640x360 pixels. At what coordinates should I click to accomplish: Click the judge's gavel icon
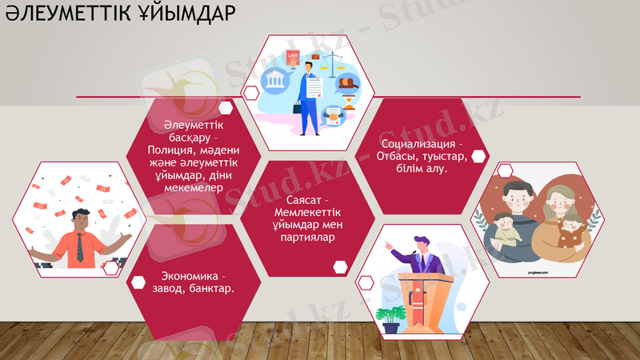(350, 83)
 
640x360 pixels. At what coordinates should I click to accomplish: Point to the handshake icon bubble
(332, 118)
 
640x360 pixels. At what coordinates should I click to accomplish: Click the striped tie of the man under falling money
(79, 247)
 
